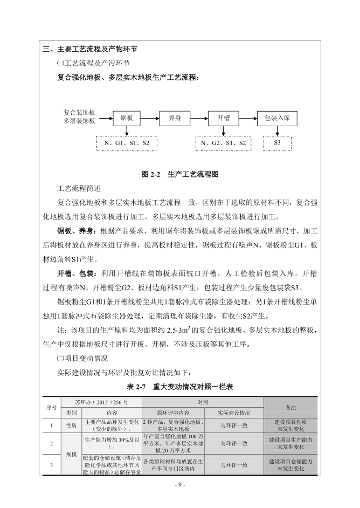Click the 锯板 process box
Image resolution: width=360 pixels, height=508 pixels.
(x=127, y=117)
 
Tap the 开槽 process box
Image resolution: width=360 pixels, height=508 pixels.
(x=223, y=117)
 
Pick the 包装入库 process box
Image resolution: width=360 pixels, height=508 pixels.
(x=277, y=117)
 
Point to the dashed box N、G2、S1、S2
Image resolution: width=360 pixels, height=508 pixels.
(x=223, y=143)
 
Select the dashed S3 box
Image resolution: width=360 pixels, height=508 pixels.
(x=277, y=143)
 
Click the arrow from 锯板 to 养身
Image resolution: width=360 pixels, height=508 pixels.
(x=150, y=117)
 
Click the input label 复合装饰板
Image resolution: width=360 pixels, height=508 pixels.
(x=79, y=113)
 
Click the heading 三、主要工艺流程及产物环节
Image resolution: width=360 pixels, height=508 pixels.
(x=89, y=50)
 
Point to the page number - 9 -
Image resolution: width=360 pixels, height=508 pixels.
(x=179, y=485)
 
